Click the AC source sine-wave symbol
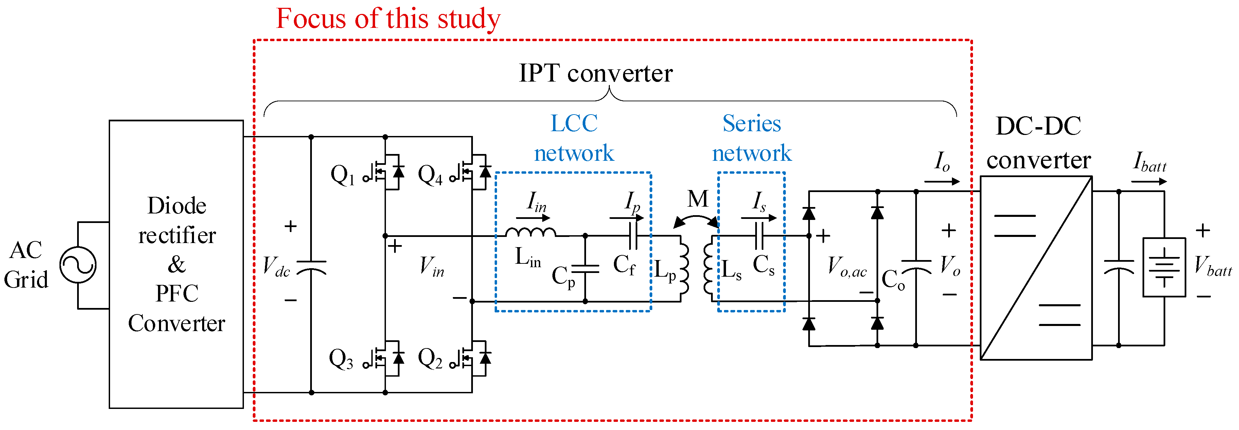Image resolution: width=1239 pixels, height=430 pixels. point(78,265)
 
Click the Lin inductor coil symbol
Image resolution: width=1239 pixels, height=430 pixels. point(531,232)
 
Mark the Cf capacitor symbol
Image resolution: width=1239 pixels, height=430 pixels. point(633,236)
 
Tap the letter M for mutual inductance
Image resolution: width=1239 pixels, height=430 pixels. point(698,199)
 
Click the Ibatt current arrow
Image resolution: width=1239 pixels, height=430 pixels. point(1149,181)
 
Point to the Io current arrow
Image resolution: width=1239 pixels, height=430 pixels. point(942,181)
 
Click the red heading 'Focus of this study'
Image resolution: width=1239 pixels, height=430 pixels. point(388,19)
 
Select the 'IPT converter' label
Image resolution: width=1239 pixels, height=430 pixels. point(596,73)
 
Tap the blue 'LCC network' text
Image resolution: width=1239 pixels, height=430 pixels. point(574,138)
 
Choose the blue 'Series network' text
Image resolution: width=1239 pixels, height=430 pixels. point(752,138)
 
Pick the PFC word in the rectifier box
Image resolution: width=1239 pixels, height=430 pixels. point(177,293)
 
